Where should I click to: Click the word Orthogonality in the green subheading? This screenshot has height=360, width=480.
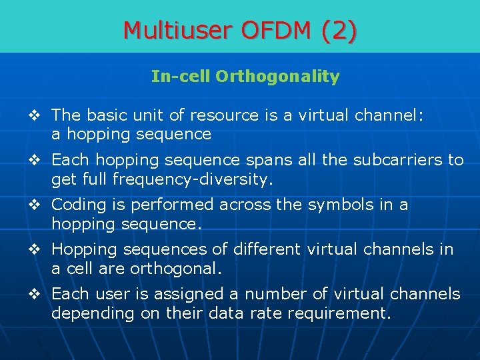[x=277, y=77]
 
